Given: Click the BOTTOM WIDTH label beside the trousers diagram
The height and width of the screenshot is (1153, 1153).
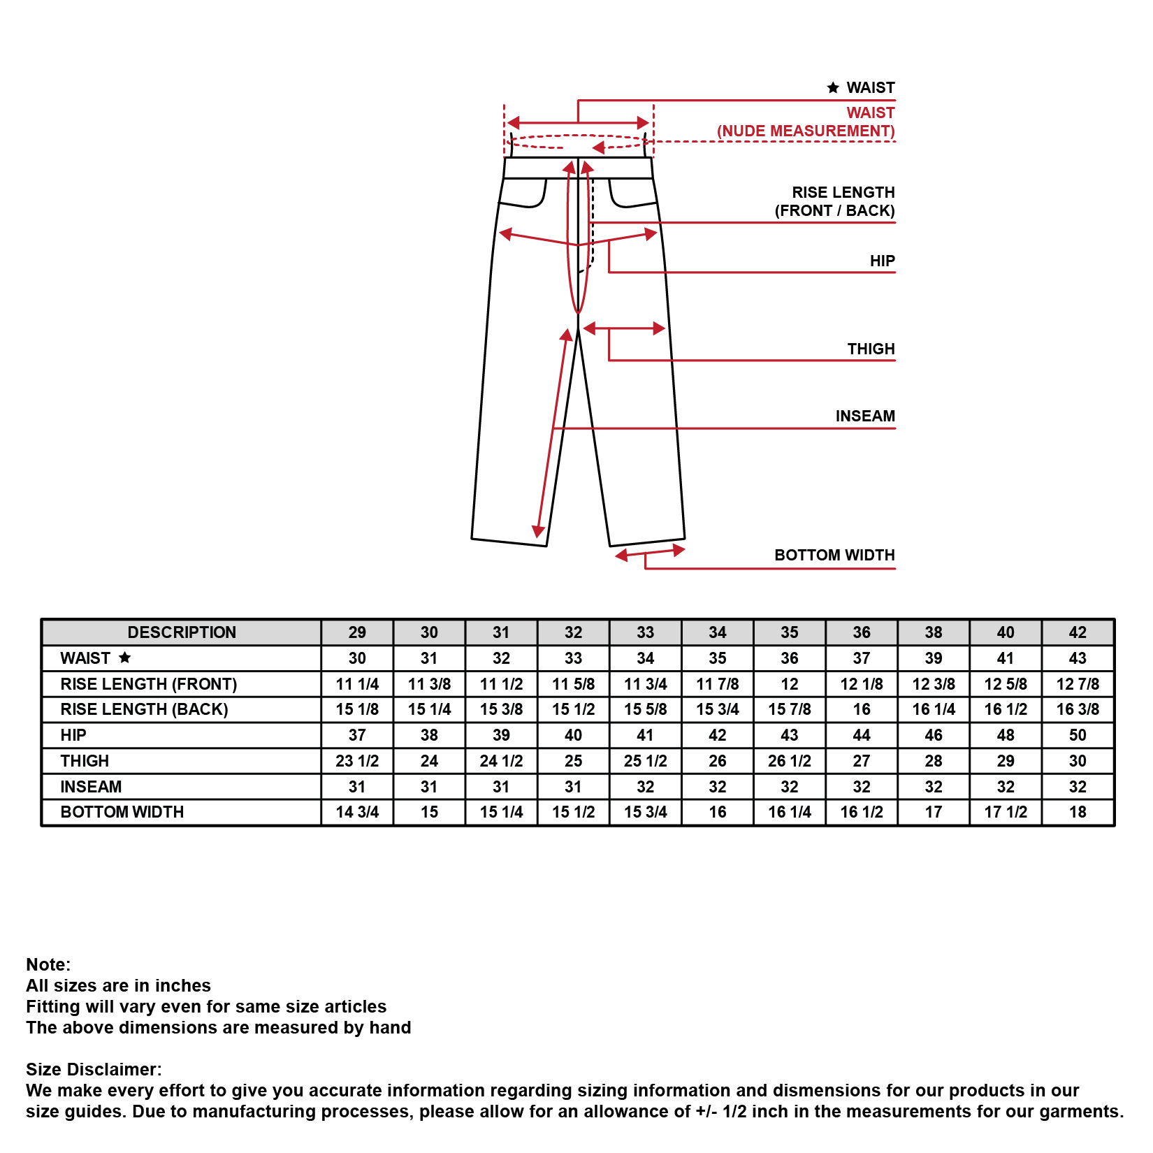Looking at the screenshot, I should pyautogui.click(x=834, y=555).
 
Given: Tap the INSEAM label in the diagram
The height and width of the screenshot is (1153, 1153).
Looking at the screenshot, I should pyautogui.click(x=865, y=416).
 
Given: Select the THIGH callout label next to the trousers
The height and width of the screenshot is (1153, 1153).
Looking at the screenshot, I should pyautogui.click(x=871, y=349).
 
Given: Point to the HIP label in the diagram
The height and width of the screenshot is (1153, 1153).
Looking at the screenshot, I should pyautogui.click(x=882, y=261).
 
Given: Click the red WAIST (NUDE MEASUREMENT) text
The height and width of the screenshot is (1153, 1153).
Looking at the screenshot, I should pyautogui.click(x=806, y=122).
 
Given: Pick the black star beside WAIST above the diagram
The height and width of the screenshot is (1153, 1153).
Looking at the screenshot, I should pyautogui.click(x=833, y=88).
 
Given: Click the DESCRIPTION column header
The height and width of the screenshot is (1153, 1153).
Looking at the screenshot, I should pyautogui.click(x=182, y=632).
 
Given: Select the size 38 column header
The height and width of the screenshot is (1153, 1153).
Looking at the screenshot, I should pyautogui.click(x=934, y=632).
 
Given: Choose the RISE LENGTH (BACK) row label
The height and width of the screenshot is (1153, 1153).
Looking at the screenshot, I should pyautogui.click(x=144, y=709).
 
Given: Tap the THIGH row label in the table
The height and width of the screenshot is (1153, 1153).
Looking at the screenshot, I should pyautogui.click(x=85, y=761).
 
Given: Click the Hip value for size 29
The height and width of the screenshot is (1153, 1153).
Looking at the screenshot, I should pyautogui.click(x=357, y=735).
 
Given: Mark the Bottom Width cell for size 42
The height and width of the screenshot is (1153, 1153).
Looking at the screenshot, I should pyautogui.click(x=1078, y=812).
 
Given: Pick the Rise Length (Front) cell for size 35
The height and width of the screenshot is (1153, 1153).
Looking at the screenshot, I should pyautogui.click(x=790, y=684).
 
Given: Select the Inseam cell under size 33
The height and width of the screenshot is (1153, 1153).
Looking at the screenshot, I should pyautogui.click(x=646, y=787).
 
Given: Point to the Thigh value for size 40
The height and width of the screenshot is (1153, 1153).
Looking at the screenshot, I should pyautogui.click(x=1006, y=761).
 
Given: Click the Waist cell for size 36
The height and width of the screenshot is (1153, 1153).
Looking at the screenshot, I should pyautogui.click(x=862, y=658).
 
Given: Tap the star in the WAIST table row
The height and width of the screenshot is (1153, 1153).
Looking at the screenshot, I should pyautogui.click(x=125, y=658).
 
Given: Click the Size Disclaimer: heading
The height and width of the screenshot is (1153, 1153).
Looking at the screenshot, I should pyautogui.click(x=94, y=1069).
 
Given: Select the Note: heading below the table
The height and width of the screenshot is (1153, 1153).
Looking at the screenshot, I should pyautogui.click(x=48, y=964).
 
